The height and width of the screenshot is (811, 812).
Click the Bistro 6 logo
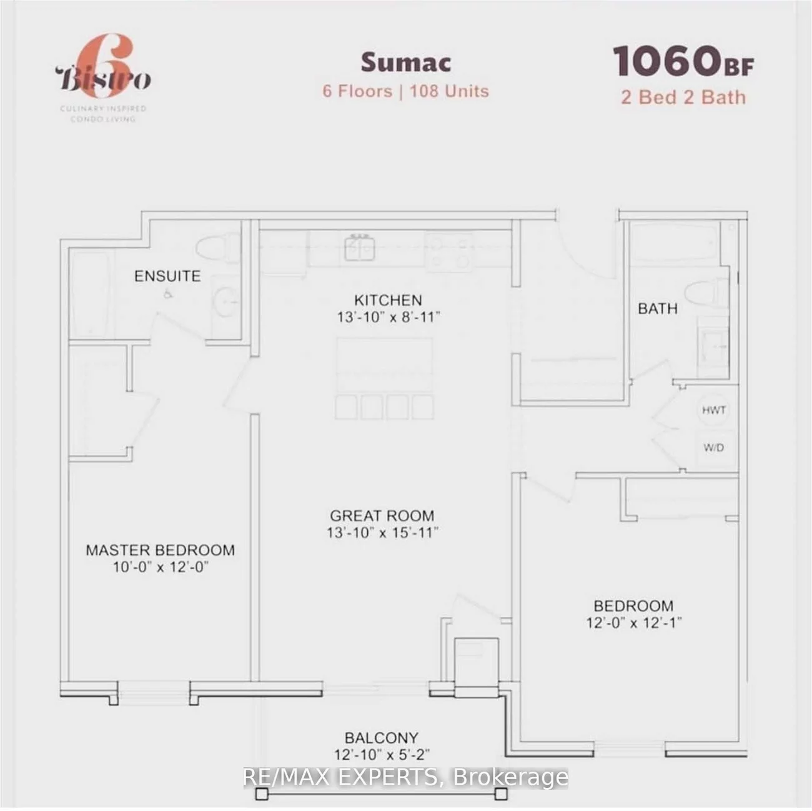pyautogui.click(x=104, y=79)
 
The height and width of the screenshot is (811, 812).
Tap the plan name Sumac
pyautogui.click(x=405, y=62)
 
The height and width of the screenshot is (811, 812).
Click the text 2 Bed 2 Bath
pyautogui.click(x=683, y=97)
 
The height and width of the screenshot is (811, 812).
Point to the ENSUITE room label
pyautogui.click(x=167, y=276)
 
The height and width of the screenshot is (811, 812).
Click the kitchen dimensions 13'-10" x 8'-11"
pyautogui.click(x=389, y=317)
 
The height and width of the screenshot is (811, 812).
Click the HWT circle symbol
pyautogui.click(x=713, y=410)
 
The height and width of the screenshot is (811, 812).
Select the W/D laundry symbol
pyautogui.click(x=713, y=447)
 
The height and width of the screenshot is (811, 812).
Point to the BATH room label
pyautogui.click(x=657, y=309)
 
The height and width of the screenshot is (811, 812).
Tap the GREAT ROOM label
pyautogui.click(x=382, y=516)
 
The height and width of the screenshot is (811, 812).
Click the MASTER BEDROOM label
pyautogui.click(x=160, y=550)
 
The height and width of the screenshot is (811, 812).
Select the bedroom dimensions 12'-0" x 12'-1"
pyautogui.click(x=633, y=623)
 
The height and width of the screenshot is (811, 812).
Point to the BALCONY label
pyautogui.click(x=381, y=738)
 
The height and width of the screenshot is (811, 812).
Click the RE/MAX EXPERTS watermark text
pyautogui.click(x=405, y=777)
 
